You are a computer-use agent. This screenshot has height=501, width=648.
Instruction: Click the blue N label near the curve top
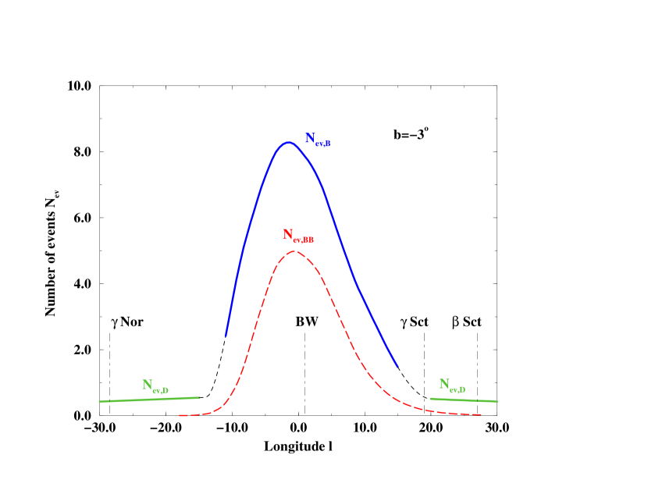click(x=318, y=140)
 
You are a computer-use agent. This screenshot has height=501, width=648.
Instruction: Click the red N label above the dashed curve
click(x=297, y=236)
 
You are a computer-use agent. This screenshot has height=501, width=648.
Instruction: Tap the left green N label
click(x=155, y=386)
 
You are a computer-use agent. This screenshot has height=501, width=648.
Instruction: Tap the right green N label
click(x=452, y=385)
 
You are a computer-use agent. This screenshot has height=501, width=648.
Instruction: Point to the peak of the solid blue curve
click(x=288, y=142)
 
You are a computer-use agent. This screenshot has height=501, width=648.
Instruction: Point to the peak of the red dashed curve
click(x=294, y=251)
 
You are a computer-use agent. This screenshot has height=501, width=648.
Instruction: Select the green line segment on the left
click(x=148, y=399)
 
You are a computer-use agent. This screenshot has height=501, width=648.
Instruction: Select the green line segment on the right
click(x=464, y=400)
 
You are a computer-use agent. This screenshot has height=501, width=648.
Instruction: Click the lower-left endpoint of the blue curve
click(x=226, y=336)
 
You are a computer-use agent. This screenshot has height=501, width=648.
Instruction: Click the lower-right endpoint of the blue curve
click(x=398, y=366)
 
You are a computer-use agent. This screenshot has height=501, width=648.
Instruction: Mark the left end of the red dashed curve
click(x=180, y=415)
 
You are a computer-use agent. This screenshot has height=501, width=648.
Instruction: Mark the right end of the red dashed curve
click(x=482, y=414)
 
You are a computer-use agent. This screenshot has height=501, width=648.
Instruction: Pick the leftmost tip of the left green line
click(x=99, y=401)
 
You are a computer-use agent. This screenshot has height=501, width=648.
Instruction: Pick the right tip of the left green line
click(x=199, y=397)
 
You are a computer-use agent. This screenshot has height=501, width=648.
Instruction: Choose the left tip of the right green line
click(x=430, y=398)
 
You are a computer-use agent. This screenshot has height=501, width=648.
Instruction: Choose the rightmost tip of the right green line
click(x=497, y=401)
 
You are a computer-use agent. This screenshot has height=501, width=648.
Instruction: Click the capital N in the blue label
click(x=310, y=138)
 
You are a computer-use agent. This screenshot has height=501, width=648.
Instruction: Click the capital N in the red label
click(x=287, y=234)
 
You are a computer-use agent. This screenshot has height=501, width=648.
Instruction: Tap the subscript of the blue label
click(x=323, y=144)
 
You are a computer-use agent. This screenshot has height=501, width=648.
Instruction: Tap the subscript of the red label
click(x=303, y=240)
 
